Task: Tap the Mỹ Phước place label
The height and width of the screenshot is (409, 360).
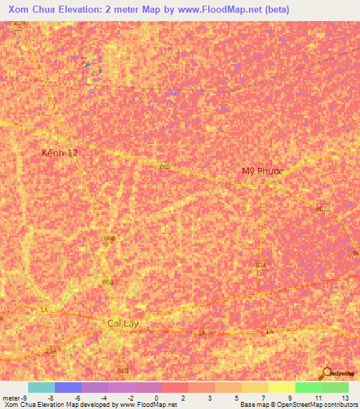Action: (x=262, y=171)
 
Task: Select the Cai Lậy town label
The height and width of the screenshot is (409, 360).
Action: (x=124, y=323)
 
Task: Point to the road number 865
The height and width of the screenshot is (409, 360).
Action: (x=165, y=166)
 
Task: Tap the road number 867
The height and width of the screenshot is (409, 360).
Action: (x=321, y=209)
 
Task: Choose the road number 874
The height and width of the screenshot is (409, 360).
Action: (x=261, y=265)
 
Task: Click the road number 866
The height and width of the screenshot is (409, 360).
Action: (x=124, y=371)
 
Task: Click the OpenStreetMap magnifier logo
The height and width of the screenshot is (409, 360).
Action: (x=327, y=372)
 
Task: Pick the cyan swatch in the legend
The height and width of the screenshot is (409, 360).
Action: (x=41, y=387)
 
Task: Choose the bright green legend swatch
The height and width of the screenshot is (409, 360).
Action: (x=309, y=387)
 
